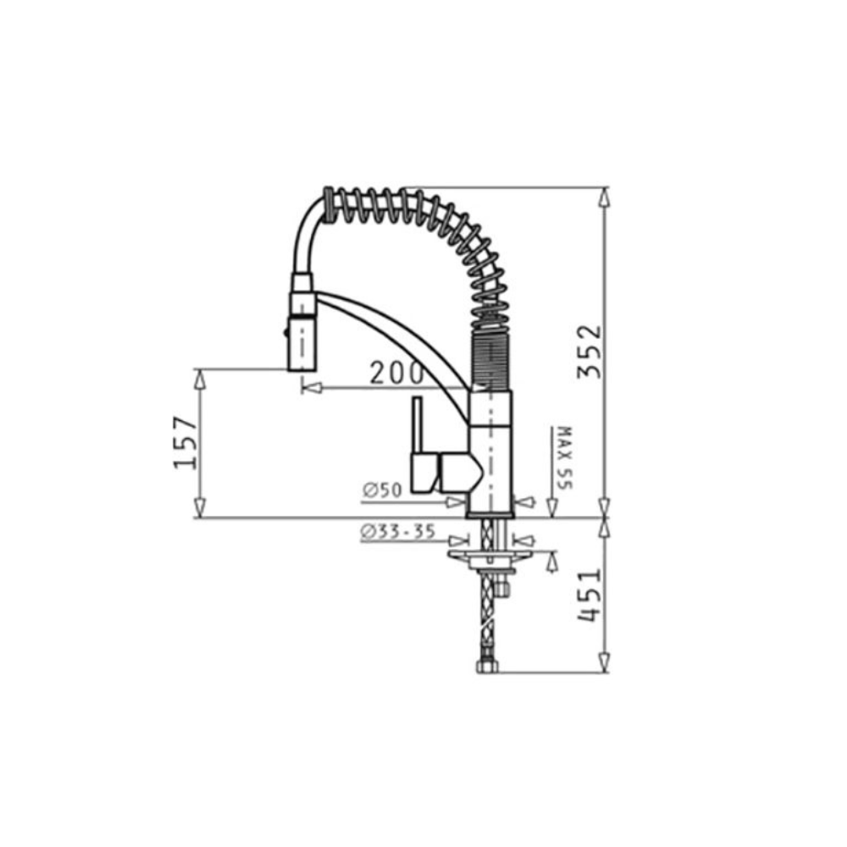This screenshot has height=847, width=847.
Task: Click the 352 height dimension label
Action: [x=589, y=352]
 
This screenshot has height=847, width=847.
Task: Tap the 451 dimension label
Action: [x=589, y=595]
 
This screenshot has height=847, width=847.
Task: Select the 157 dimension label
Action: [x=184, y=442]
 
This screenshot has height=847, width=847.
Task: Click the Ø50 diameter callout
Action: [x=383, y=490]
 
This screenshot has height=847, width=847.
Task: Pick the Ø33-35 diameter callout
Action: [x=397, y=532]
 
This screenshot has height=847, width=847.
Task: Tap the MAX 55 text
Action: [x=564, y=457]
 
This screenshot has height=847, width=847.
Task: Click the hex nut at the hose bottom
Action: [x=487, y=667]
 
